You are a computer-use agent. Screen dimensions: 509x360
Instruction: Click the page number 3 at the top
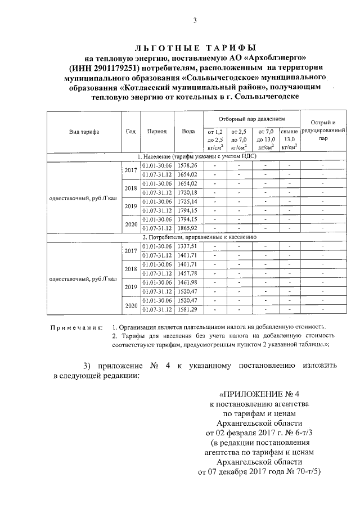pos(195,21)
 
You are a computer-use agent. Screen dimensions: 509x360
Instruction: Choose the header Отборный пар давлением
pos(251,119)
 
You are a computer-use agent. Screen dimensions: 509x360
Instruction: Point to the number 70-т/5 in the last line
pos(306,472)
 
